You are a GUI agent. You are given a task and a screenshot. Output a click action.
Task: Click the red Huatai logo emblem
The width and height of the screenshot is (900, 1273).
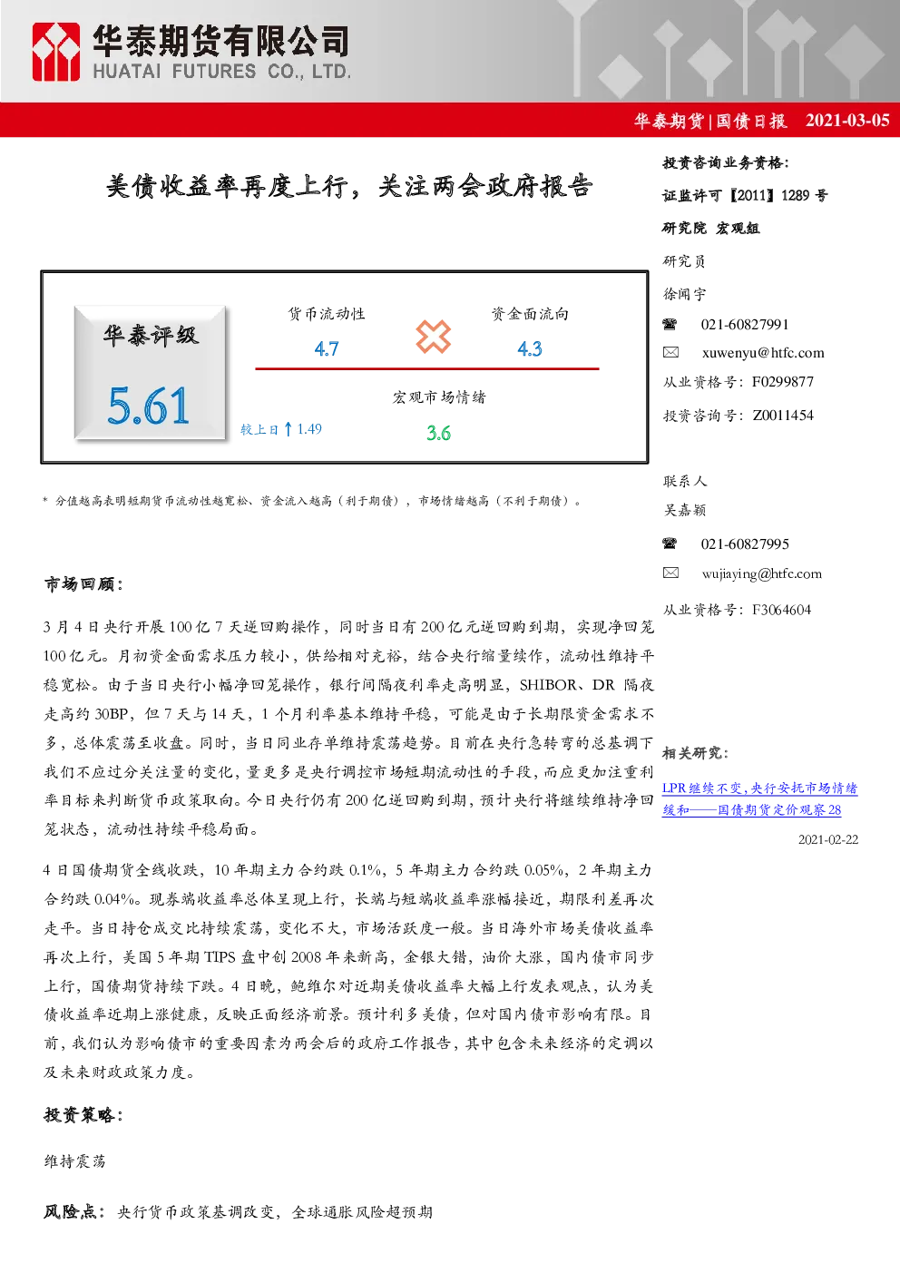coord(55,52)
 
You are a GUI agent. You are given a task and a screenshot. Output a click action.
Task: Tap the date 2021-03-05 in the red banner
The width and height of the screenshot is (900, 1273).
coord(847,121)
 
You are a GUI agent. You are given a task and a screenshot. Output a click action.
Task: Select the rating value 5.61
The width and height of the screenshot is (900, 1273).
coord(148,406)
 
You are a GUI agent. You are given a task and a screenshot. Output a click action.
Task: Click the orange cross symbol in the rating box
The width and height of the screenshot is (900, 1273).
coord(433,337)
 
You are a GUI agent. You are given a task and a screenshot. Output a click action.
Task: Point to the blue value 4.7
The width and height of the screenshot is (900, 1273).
coord(327,348)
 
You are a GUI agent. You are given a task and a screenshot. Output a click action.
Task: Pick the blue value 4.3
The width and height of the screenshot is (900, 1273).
coord(530,348)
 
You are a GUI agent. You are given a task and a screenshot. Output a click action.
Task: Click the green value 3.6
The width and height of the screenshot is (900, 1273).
coord(438,433)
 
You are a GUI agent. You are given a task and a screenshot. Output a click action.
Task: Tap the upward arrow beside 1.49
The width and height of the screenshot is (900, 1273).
coord(289,428)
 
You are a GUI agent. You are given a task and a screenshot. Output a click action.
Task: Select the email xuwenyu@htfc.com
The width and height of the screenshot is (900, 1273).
coord(763,353)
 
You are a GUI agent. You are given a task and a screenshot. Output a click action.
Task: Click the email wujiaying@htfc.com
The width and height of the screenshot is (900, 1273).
coord(762,574)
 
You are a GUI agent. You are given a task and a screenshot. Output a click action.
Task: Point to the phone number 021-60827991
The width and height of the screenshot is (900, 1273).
coord(745,325)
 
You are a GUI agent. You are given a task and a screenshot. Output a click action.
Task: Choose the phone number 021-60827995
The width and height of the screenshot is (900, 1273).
coord(745,544)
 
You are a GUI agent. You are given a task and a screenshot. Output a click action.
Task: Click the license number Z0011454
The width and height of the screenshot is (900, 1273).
coord(783,416)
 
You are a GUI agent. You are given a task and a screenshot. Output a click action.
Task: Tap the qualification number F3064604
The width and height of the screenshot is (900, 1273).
coord(782,610)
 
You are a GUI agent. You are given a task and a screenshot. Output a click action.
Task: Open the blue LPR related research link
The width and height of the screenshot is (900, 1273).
coord(759,798)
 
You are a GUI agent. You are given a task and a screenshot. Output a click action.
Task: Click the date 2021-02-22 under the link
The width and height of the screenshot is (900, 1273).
coord(828,840)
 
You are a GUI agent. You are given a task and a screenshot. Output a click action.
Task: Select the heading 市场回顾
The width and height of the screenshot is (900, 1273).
coord(83,584)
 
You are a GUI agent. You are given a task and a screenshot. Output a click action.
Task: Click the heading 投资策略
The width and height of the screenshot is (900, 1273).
coord(83,1116)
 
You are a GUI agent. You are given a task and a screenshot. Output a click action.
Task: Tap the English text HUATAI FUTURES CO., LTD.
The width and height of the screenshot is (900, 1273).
coord(221,72)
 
